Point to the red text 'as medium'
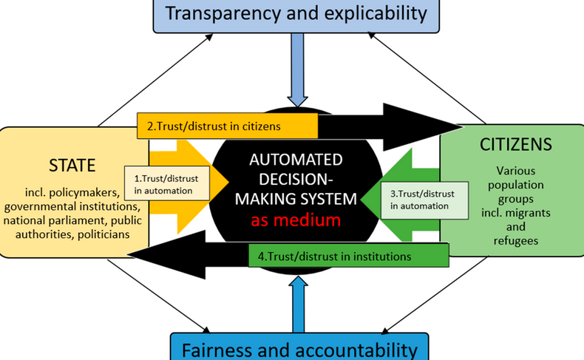point(295,220)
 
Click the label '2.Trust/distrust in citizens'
point(214,126)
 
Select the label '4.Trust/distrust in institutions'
point(337,257)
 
